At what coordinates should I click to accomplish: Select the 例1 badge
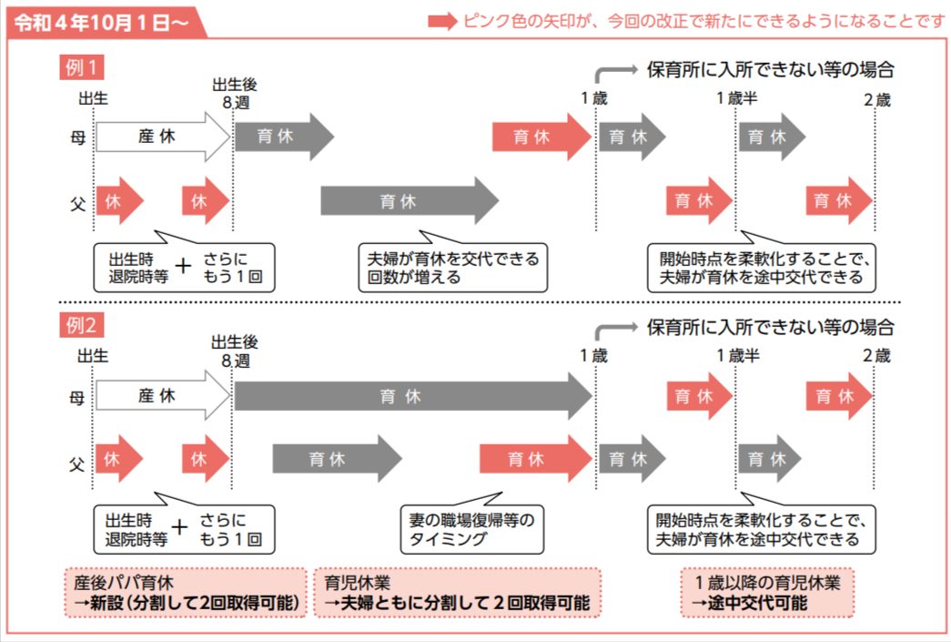click(x=81, y=66)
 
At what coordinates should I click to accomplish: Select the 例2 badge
click(x=81, y=325)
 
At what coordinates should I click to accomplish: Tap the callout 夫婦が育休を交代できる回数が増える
click(x=452, y=268)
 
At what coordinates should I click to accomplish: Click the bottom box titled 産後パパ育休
click(x=185, y=593)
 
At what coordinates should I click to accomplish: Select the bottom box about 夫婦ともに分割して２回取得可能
click(x=458, y=593)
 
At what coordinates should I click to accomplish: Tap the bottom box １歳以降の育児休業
click(x=768, y=593)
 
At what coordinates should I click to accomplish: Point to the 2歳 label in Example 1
click(x=877, y=98)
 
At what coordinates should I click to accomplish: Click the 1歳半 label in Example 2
click(x=738, y=356)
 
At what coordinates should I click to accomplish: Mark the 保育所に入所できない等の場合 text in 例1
click(x=770, y=68)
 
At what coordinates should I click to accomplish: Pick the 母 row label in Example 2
click(x=78, y=397)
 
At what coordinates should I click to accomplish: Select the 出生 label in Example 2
click(x=93, y=356)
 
